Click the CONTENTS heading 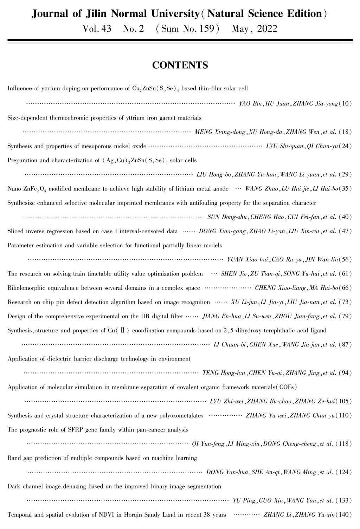tap(180, 65)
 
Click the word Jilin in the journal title tap(97, 14)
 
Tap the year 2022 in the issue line tap(267, 29)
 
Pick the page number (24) tap(345, 146)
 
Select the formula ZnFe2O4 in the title tap(34, 189)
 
